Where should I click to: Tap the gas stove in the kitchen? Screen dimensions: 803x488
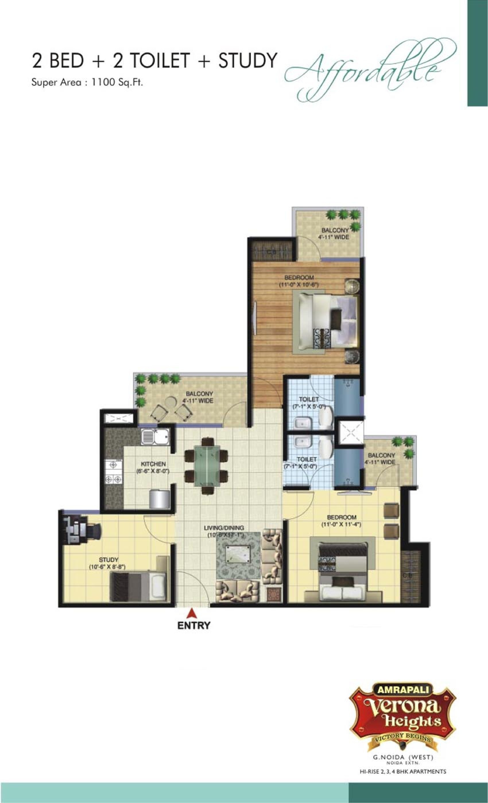pos(113,471)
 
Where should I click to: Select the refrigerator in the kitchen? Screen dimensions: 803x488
pos(160,499)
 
